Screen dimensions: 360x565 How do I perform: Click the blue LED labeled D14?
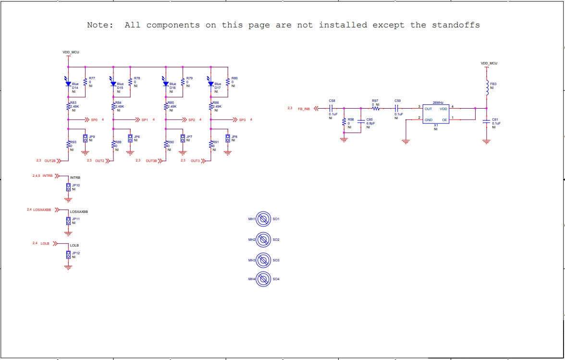point(68,83)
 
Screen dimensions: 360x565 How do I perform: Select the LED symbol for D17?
point(210,83)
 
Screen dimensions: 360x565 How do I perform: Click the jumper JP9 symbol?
point(85,138)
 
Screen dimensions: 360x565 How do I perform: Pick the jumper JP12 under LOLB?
point(68,254)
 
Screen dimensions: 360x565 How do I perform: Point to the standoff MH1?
point(262,219)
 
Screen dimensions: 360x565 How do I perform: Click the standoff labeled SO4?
point(262,279)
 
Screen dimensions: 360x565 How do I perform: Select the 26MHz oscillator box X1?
point(436,114)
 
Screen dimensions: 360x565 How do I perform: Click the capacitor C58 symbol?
point(331,109)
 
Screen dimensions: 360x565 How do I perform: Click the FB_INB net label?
point(304,109)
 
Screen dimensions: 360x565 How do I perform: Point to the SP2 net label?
point(191,120)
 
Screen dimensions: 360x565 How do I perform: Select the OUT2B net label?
point(50,161)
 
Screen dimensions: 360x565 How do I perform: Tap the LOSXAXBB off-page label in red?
point(42,210)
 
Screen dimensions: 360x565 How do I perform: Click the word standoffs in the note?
point(456,25)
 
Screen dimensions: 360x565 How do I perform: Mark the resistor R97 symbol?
point(376,109)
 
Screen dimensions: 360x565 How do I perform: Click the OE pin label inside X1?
point(444,120)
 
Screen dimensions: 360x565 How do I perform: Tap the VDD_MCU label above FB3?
point(489,63)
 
